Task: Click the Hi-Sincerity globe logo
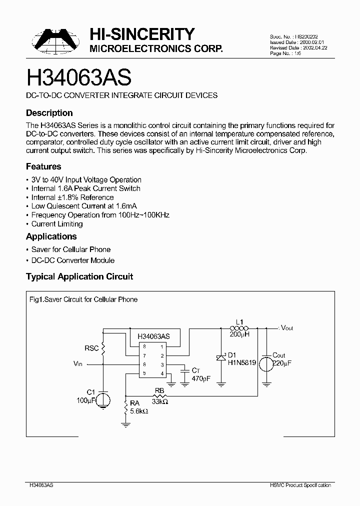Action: [55, 40]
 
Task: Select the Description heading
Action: [49, 113]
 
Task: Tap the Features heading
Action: [43, 166]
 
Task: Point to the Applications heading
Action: [51, 236]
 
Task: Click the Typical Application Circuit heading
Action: [79, 276]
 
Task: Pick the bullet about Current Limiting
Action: [56, 224]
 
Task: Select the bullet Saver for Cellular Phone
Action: [70, 249]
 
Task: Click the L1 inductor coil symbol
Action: [238, 328]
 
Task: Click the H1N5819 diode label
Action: [242, 363]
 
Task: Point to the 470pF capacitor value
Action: [201, 378]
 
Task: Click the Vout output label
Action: [286, 328]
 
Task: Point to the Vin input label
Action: [77, 364]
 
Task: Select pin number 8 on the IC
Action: [144, 346]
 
